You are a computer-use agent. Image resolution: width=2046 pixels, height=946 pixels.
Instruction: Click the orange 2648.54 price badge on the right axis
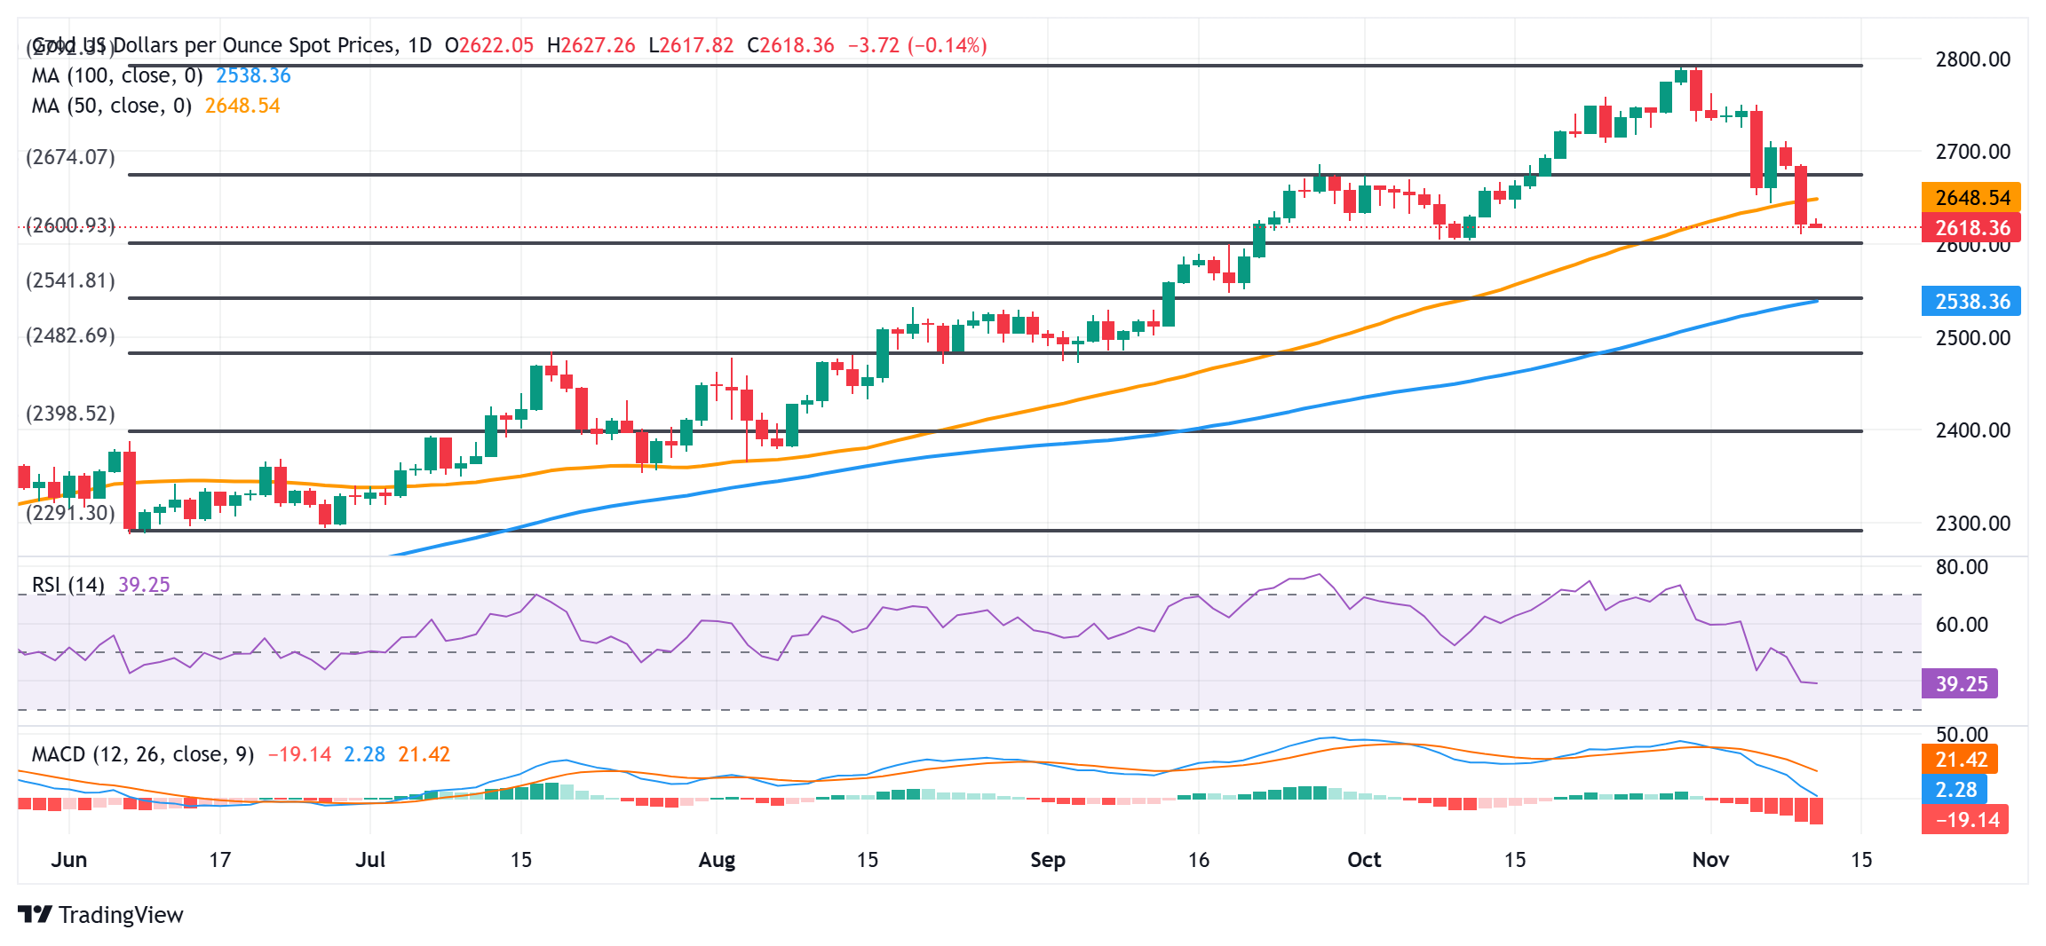pos(1971,197)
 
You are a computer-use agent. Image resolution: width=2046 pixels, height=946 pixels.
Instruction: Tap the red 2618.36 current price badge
pos(1971,228)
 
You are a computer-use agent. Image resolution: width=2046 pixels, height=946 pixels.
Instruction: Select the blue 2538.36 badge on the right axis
pos(1971,302)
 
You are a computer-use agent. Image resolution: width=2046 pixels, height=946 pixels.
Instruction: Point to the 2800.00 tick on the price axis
pos(1972,59)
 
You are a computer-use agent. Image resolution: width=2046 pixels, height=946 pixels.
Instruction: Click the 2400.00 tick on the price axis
pos(1972,430)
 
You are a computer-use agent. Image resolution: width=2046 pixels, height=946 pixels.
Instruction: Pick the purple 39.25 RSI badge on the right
pos(1960,684)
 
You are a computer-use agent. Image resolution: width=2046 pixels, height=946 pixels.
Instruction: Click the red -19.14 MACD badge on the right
pos(1965,819)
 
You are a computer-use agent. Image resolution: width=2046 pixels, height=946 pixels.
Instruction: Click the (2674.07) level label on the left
pos(70,157)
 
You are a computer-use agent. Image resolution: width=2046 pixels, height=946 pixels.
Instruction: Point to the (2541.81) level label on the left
pos(70,280)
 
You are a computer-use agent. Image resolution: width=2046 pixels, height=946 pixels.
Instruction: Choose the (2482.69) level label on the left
pos(70,335)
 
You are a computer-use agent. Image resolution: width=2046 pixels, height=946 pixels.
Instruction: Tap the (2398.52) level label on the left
pos(70,414)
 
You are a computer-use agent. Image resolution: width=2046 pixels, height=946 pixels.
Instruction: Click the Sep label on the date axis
pos(1047,860)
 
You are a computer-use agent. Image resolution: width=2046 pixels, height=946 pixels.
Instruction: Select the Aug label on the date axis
pos(717,860)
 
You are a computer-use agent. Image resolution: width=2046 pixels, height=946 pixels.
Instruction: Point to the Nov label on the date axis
pos(1710,860)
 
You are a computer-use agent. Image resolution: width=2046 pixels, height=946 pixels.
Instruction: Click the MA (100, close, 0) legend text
pos(117,75)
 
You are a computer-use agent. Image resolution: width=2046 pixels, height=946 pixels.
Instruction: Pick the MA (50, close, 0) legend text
pos(112,106)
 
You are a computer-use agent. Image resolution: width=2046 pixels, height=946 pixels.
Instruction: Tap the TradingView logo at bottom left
pos(100,914)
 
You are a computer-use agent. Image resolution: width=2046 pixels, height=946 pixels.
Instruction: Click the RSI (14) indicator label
pos(68,585)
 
